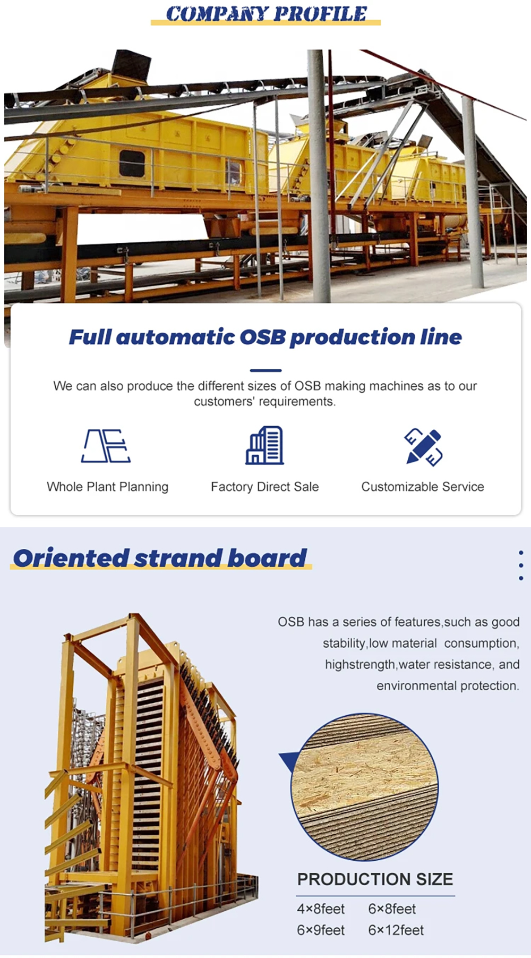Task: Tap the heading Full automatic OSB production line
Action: coord(265,337)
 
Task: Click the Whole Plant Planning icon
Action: coord(106,446)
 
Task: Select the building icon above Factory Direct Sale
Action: coord(264,445)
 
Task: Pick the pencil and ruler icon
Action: coord(423,447)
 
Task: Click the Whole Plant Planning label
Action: coord(107,487)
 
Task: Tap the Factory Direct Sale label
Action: coord(265,487)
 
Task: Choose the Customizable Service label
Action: coord(423,487)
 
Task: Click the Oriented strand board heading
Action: coord(160,558)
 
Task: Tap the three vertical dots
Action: coord(521,565)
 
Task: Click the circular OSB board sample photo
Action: coord(364,787)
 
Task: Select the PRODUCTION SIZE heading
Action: coord(375,879)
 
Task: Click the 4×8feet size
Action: coord(321,909)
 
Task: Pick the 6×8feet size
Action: coord(392,909)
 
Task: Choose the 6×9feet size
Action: coord(321,930)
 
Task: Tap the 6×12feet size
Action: coord(396,930)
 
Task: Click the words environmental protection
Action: coord(448,686)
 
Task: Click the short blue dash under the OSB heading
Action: coord(265,370)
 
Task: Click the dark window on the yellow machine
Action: coord(132,164)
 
